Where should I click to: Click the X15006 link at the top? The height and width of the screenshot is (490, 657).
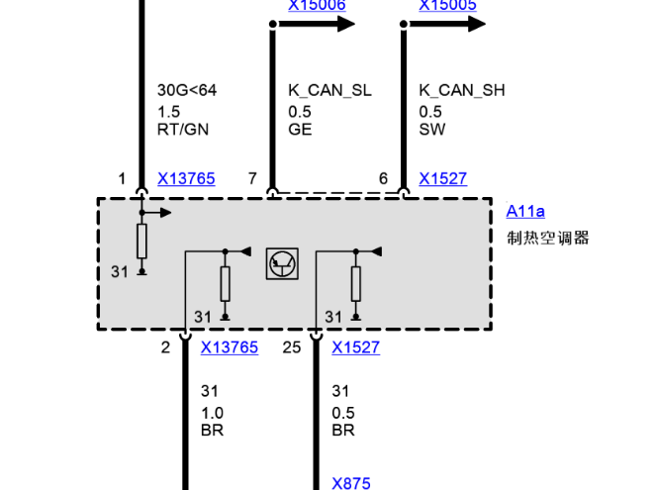pyautogui.click(x=317, y=6)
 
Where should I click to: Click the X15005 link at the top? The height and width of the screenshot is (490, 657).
pyautogui.click(x=447, y=6)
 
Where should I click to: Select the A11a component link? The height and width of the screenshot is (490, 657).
pyautogui.click(x=525, y=211)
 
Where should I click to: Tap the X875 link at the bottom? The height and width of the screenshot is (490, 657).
pyautogui.click(x=351, y=483)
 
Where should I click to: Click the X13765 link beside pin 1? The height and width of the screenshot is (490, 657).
pyautogui.click(x=186, y=179)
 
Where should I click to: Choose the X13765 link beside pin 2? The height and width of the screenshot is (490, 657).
pyautogui.click(x=229, y=347)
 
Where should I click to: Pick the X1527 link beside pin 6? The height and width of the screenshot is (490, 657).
pyautogui.click(x=442, y=179)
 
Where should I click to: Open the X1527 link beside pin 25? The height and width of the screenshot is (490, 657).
pyautogui.click(x=355, y=347)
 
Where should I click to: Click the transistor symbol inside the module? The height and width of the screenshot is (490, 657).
pyautogui.click(x=281, y=263)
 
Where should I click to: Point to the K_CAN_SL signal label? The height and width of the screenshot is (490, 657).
pyautogui.click(x=329, y=91)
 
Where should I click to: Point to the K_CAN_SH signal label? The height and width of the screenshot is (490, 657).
pyautogui.click(x=462, y=91)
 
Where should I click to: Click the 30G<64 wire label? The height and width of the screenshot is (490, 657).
pyautogui.click(x=186, y=91)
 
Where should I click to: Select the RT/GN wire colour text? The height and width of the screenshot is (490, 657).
pyautogui.click(x=183, y=129)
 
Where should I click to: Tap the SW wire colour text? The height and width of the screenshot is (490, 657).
pyautogui.click(x=430, y=129)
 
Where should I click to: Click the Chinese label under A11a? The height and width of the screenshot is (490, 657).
pyautogui.click(x=547, y=238)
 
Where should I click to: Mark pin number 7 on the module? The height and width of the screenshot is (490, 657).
pyautogui.click(x=252, y=179)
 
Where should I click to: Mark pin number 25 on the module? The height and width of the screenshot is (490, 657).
pyautogui.click(x=291, y=347)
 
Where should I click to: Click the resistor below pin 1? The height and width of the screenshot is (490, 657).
pyautogui.click(x=142, y=241)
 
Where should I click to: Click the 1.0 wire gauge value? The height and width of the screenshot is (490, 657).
pyautogui.click(x=212, y=412)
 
